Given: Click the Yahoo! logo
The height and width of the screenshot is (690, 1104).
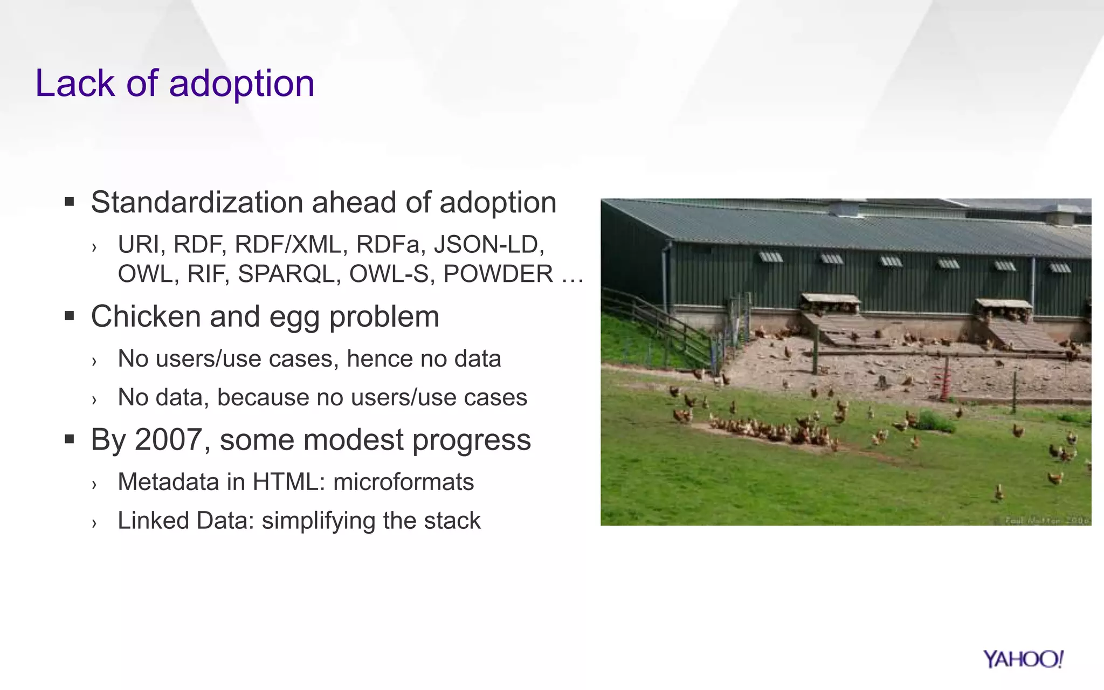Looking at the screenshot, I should [x=1023, y=659].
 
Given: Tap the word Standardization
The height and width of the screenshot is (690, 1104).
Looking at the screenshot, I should [x=197, y=203].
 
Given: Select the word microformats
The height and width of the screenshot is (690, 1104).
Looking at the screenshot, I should [x=403, y=482].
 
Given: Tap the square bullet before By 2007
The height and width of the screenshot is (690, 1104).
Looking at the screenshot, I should [x=69, y=439].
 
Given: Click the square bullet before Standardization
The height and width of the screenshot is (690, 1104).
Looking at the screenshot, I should [x=69, y=202].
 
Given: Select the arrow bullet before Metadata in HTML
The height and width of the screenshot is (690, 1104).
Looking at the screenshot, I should [x=94, y=484].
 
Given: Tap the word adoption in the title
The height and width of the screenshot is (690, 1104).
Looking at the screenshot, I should [x=241, y=85].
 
